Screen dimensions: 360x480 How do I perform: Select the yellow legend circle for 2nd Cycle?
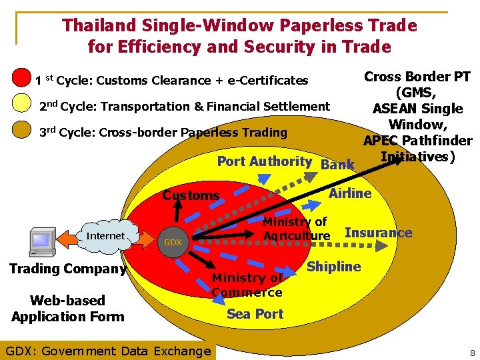(x=23, y=104)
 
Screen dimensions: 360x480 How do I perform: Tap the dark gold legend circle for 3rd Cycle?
(x=23, y=130)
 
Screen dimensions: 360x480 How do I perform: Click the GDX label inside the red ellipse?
(x=173, y=242)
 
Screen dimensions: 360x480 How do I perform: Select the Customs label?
(x=191, y=195)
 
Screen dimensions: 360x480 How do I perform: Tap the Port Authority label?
(x=264, y=161)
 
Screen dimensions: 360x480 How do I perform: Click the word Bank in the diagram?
(x=337, y=165)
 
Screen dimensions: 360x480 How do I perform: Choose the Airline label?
(x=351, y=193)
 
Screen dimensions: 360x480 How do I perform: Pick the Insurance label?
(x=378, y=233)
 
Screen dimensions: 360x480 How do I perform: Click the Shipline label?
(x=334, y=267)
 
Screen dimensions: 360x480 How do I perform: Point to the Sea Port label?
(x=255, y=313)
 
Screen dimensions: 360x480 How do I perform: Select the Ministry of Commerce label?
(x=247, y=285)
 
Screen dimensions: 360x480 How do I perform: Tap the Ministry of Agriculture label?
(x=296, y=229)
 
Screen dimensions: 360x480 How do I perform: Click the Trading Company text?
(x=68, y=269)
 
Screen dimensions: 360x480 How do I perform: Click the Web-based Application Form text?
(x=68, y=308)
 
